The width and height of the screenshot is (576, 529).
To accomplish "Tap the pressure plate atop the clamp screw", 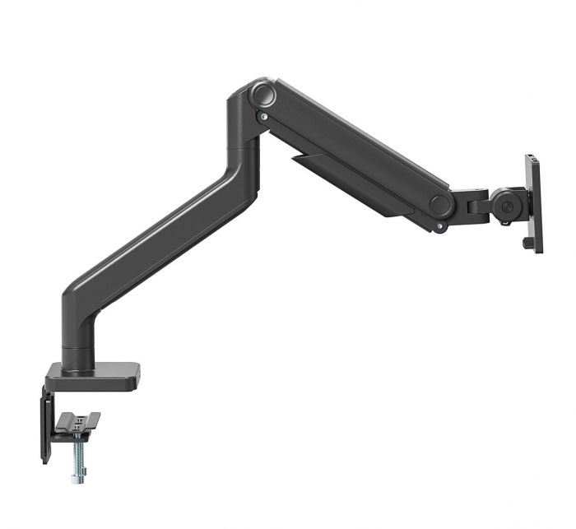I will point(77,422).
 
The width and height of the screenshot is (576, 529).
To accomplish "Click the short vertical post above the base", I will point(80,350).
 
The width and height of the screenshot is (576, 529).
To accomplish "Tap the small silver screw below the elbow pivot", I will point(263,118).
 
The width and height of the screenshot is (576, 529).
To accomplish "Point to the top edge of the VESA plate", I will point(532,156).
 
